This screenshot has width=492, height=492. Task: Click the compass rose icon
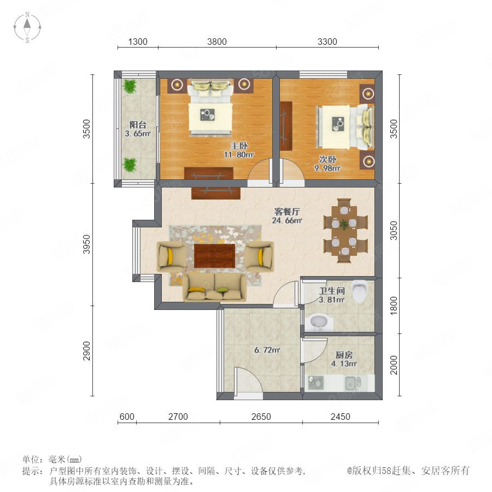27,27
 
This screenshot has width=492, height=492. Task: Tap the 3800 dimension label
217,42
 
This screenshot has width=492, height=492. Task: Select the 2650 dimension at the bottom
261,417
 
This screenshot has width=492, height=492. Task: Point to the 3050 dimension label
394,231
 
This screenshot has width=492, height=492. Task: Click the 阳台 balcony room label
138,125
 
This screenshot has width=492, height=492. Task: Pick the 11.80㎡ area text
239,154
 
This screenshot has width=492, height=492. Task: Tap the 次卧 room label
328,160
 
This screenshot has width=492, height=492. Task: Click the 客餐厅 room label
287,212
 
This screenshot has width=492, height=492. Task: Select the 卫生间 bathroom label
332,291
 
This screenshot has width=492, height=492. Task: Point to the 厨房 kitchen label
344,355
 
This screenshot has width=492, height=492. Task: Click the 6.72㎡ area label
267,350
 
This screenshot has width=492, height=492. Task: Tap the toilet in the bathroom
360,291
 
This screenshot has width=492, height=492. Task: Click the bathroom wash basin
319,322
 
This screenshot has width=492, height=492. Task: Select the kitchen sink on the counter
353,383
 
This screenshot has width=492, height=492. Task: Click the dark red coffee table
215,256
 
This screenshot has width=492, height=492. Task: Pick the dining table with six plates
344,231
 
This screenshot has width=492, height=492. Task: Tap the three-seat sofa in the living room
215,287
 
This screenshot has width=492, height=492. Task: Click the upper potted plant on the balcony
130,86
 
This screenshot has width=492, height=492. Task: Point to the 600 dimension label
127,417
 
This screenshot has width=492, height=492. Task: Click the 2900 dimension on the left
86,351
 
